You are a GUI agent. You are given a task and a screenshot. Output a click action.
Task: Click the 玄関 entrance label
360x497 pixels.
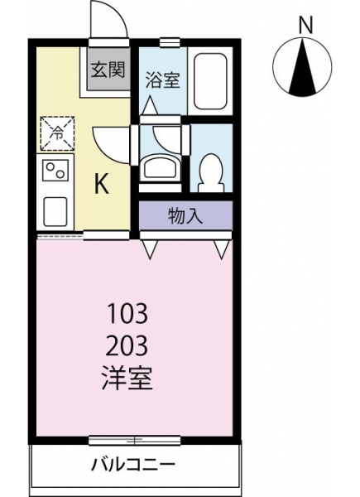[x=108, y=70]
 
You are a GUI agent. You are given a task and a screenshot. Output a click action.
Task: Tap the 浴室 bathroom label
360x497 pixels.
[x=163, y=80]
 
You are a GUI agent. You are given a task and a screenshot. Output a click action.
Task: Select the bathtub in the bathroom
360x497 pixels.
[x=210, y=82]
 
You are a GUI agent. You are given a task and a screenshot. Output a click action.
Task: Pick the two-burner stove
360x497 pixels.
[x=55, y=170]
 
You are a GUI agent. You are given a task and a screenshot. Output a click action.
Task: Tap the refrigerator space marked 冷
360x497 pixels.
[x=57, y=133]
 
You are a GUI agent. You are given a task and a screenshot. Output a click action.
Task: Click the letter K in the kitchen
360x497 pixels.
[x=103, y=184]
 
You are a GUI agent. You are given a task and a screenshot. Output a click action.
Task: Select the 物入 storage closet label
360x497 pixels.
[x=185, y=216]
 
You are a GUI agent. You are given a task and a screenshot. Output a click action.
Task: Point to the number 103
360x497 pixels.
[x=127, y=313]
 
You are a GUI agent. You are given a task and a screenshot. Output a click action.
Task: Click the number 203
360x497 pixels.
[x=127, y=345]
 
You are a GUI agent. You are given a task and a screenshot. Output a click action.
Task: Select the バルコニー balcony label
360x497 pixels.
[x=133, y=466]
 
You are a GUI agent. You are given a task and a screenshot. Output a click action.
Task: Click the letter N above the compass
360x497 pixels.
[x=306, y=26]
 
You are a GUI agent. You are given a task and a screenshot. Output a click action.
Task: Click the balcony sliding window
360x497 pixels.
[x=135, y=441]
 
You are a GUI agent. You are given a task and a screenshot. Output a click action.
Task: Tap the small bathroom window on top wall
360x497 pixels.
[x=170, y=42]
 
